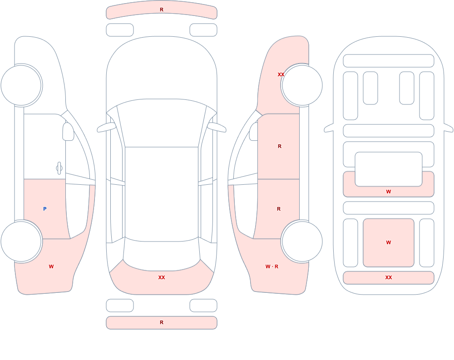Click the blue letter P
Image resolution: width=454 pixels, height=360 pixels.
(x=44, y=209)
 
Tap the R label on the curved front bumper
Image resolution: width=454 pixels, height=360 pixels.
(x=162, y=10)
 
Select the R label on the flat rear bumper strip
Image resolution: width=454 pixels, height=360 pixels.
(x=162, y=322)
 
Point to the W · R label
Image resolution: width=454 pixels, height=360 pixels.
(x=272, y=266)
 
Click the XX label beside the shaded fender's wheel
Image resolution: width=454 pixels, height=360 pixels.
(x=281, y=74)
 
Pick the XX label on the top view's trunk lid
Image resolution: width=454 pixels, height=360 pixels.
(x=162, y=277)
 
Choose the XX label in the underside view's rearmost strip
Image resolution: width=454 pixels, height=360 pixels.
(x=389, y=277)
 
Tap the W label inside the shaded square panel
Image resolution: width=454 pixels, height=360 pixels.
(x=389, y=242)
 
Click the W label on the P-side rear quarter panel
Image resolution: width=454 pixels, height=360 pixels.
(x=51, y=266)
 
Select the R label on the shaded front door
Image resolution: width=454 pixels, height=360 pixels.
(x=279, y=146)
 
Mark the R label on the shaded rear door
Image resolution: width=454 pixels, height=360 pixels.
(x=279, y=209)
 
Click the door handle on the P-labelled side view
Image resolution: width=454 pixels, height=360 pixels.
(x=59, y=168)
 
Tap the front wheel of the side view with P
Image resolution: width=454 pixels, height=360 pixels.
(x=21, y=85)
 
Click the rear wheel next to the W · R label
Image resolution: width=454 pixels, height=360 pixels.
(x=302, y=241)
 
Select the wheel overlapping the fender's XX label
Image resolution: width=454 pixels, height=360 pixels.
(x=302, y=85)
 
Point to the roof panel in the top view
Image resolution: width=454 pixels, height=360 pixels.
(x=162, y=193)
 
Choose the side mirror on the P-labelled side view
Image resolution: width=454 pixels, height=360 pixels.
(x=69, y=132)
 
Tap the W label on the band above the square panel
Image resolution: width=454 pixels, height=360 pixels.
(x=389, y=192)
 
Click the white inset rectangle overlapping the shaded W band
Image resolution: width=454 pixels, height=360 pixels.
(x=389, y=169)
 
